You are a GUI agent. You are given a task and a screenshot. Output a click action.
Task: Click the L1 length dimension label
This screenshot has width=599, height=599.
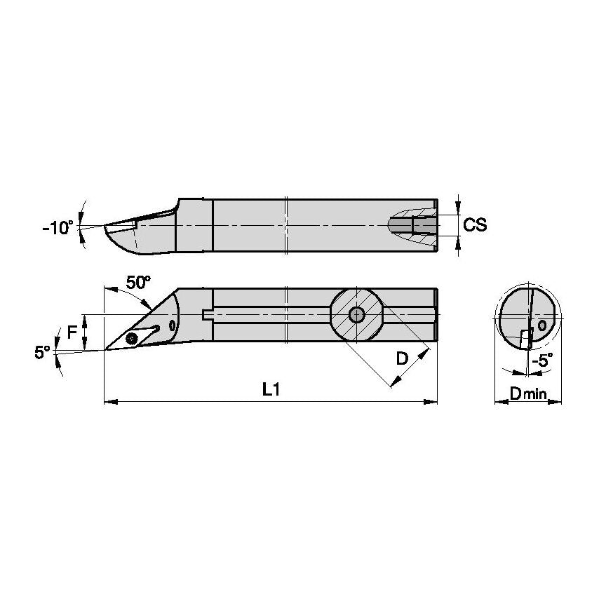tap(271, 390)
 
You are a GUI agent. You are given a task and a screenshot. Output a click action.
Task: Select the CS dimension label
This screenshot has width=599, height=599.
tap(476, 225)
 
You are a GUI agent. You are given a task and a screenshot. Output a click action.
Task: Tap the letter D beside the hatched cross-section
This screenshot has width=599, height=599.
tap(401, 358)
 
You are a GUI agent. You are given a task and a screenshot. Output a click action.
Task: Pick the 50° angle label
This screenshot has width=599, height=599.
tap(138, 282)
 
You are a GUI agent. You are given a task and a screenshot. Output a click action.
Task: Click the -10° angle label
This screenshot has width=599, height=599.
tap(58, 227)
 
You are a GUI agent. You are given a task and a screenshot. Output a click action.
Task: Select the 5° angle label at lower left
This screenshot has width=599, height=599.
tap(43, 353)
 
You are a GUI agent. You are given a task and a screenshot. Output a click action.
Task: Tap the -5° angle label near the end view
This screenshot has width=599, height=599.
tap(541, 361)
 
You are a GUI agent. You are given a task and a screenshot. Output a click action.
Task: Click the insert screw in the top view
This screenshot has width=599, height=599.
tap(132, 339)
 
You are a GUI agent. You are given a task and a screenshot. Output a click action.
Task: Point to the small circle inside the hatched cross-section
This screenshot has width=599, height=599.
tap(357, 315)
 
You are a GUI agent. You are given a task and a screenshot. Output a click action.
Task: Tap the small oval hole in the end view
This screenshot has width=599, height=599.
tap(541, 326)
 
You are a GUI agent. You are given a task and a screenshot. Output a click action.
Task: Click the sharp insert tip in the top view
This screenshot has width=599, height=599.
tap(105, 349)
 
